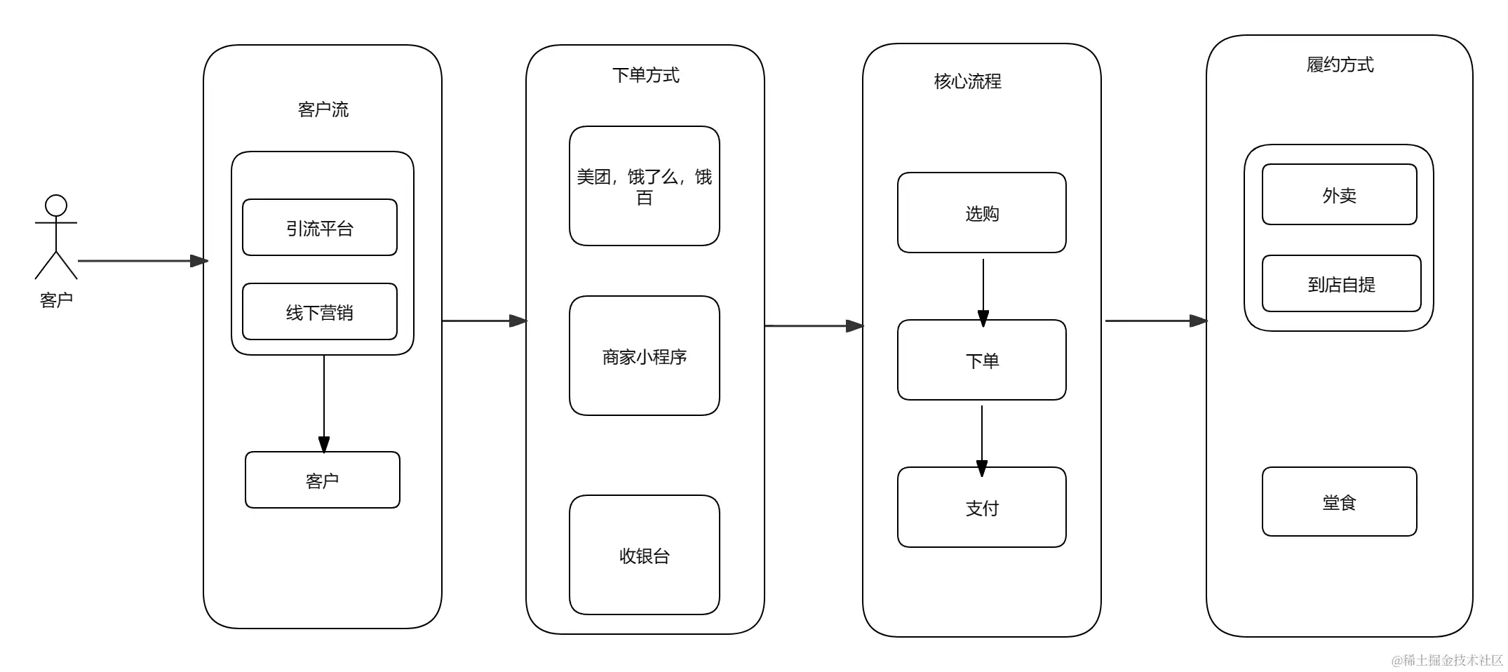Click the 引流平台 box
(x=320, y=228)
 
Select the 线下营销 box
(x=320, y=312)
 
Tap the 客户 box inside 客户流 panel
(x=323, y=481)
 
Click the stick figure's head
(x=56, y=206)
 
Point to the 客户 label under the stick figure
(x=56, y=300)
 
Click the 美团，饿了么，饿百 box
(x=644, y=186)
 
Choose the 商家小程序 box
(x=644, y=356)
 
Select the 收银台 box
(x=644, y=556)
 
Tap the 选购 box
(x=981, y=213)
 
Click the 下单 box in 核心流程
(x=981, y=361)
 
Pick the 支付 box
(x=981, y=508)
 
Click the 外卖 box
(x=1339, y=195)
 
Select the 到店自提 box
(x=1341, y=284)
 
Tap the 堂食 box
(x=1339, y=502)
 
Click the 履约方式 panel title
(x=1340, y=65)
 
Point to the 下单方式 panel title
(x=645, y=75)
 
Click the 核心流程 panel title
(x=967, y=81)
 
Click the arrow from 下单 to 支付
(x=982, y=438)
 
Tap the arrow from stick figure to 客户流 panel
(x=140, y=261)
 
